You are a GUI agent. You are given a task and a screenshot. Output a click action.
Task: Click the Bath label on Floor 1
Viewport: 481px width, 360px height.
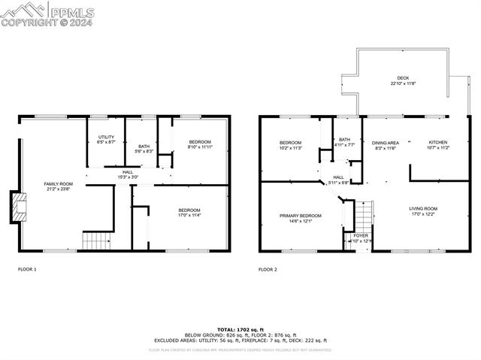[x=143, y=148]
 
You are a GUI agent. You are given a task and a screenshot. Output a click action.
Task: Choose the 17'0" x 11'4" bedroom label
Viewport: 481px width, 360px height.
[x=189, y=212]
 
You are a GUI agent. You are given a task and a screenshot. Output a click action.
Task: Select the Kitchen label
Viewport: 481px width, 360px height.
[x=438, y=144]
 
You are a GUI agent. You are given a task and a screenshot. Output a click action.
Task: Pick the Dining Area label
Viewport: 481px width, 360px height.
[x=385, y=144]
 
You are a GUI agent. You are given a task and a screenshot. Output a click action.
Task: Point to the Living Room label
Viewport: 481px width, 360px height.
[x=422, y=211]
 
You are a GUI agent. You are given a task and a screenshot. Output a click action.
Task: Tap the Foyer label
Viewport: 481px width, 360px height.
[x=361, y=237]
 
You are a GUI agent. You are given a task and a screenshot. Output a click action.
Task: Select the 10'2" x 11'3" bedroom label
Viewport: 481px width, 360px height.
[x=290, y=145]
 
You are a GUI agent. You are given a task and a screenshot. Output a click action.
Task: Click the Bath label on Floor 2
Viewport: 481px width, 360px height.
[x=344, y=141]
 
